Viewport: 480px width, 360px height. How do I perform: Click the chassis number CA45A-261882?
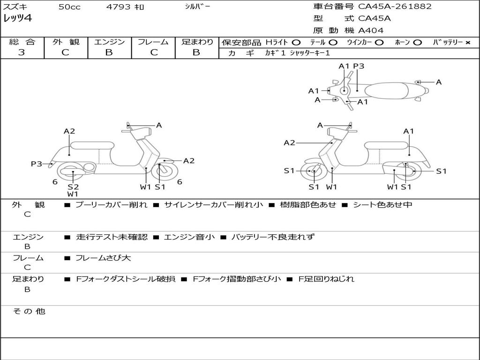395,7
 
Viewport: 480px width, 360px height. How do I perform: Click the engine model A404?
371,30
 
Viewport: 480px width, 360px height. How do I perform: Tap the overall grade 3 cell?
22,52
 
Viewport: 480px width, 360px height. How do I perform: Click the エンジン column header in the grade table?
109,42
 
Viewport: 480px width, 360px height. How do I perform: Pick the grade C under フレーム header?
154,52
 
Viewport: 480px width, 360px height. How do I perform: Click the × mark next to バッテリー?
467,43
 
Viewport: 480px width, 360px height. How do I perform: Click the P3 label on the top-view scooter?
359,67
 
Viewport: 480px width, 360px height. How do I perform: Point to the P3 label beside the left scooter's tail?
37,164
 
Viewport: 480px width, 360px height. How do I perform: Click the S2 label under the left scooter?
73,187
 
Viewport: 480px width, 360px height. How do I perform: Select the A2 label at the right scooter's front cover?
289,143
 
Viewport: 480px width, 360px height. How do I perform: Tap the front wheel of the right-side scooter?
313,172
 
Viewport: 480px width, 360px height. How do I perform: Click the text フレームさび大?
103,258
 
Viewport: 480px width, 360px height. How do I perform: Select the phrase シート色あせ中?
382,205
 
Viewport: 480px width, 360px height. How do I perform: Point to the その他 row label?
29,311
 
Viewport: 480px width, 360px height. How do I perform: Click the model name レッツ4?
17,19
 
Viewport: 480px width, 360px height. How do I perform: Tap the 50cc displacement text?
69,7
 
